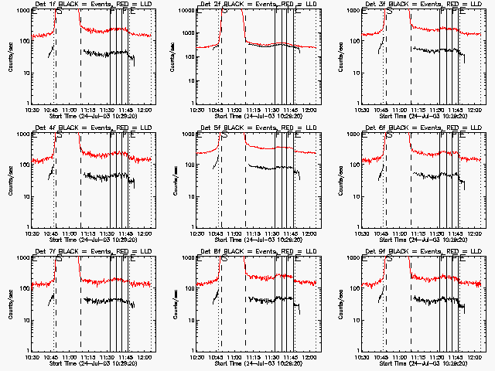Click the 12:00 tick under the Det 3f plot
coord(475,110)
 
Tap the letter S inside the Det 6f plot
coord(388,135)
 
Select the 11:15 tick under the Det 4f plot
coord(88,233)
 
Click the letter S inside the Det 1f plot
coord(59,12)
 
